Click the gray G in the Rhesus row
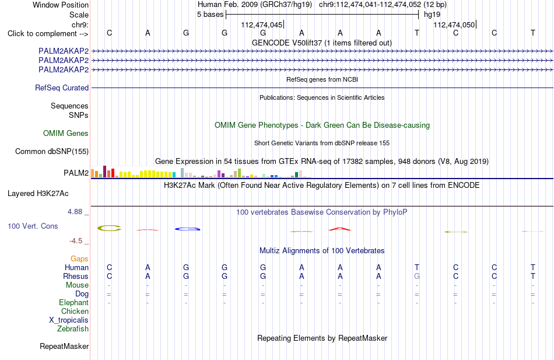417,276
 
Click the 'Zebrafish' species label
73,329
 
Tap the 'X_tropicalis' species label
69,320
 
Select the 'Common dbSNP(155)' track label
52,151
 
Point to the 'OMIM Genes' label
66,133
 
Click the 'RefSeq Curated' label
62,88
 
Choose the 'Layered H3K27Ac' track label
38,194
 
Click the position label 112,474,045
262,25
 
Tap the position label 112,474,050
454,25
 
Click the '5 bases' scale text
210,15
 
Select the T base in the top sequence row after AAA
417,33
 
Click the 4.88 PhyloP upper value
75,211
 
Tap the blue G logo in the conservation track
187,229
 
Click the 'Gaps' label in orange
79,259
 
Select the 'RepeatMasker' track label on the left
64,346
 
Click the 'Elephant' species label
74,303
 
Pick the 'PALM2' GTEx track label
76,173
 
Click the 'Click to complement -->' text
48,34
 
